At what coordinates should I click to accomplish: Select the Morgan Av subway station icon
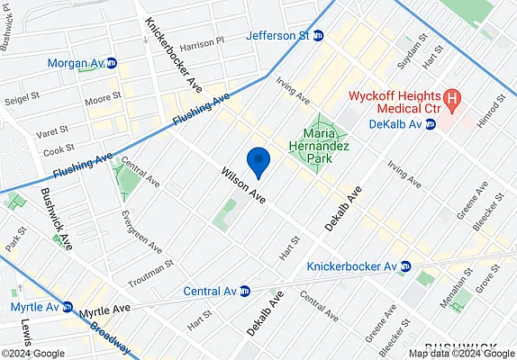point(111,64)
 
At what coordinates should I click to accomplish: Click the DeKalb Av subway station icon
point(431,125)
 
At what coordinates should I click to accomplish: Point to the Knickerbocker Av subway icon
point(406,266)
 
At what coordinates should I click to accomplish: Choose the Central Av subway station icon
point(243,292)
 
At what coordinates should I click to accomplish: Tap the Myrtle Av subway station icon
point(68,307)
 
